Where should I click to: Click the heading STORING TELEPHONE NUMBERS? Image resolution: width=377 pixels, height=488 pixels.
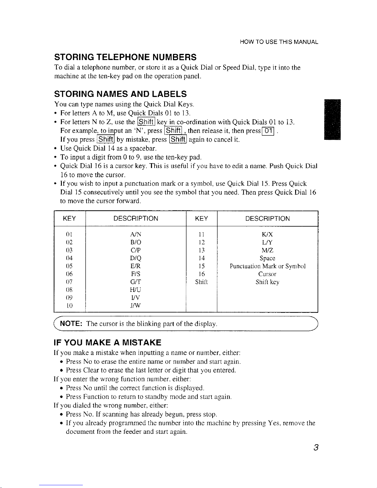[x=125, y=57]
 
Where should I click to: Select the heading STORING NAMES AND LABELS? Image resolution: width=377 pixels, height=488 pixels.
[x=120, y=94]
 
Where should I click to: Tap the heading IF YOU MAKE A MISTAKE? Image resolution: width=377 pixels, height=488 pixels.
[x=107, y=343]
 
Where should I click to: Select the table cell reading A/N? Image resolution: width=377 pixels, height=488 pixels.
[x=136, y=235]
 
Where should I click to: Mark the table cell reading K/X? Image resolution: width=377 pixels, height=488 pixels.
[x=267, y=235]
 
